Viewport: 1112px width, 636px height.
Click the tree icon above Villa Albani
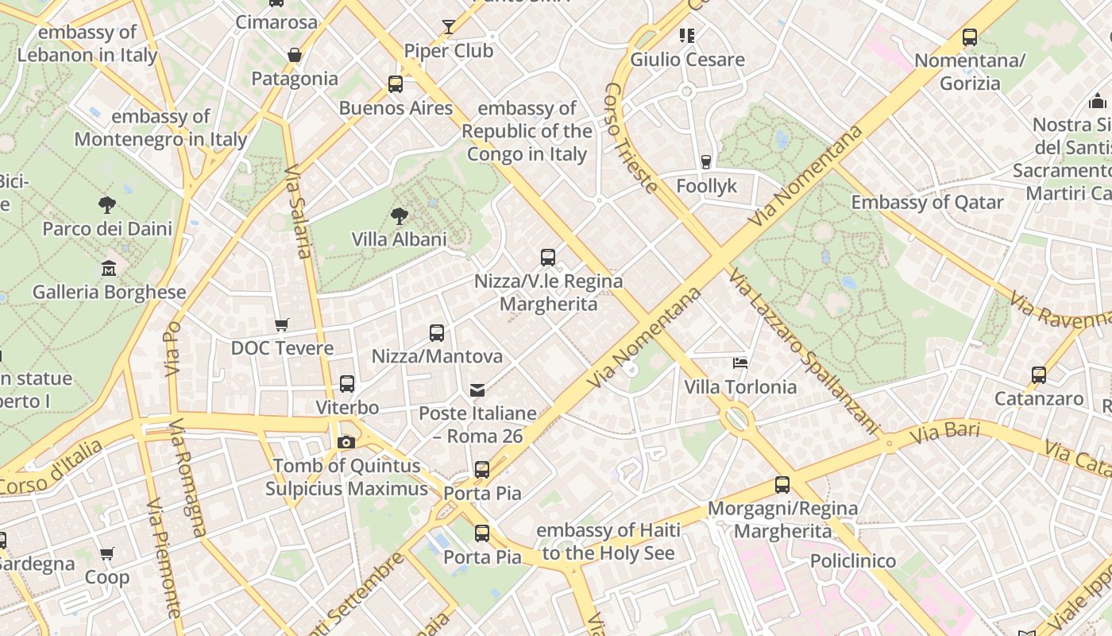pos(399,215)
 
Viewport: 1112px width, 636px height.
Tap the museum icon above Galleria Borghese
pos(109,269)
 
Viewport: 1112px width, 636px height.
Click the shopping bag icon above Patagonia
pos(295,55)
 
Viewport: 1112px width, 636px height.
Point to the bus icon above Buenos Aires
pos(396,84)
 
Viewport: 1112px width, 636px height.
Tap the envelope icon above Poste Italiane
pos(477,390)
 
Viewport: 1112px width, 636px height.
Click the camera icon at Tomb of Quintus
pos(346,442)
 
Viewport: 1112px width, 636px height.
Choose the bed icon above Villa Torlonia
pos(740,363)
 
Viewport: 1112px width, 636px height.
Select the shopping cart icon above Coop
pos(107,553)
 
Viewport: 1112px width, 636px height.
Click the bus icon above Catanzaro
pos(1039,375)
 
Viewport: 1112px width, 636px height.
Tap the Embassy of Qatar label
pos(927,203)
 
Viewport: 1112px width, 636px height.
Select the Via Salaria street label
pos(296,211)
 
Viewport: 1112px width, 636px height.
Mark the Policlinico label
pos(852,561)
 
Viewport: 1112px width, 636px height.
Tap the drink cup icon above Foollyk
pos(706,162)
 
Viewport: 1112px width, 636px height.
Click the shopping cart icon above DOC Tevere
pos(282,324)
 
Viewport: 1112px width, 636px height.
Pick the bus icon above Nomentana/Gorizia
pos(969,37)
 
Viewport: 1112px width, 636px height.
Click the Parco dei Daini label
pos(107,229)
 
